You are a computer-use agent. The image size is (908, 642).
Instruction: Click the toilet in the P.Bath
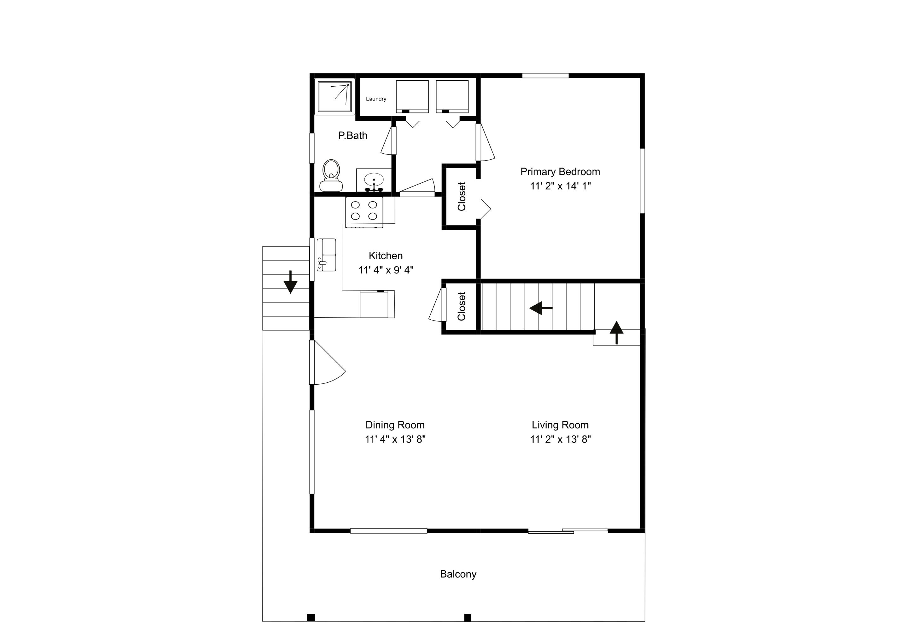[331, 175]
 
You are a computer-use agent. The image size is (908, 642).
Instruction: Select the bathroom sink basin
[374, 180]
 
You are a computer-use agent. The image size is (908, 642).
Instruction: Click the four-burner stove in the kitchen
[364, 212]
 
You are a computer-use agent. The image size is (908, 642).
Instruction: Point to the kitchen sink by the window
[326, 255]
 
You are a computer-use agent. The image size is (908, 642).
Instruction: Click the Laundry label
[376, 99]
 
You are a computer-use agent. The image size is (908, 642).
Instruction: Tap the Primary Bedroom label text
[560, 172]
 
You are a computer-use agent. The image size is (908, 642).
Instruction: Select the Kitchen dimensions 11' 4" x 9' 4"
[386, 270]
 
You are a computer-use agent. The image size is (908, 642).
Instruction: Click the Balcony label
[458, 574]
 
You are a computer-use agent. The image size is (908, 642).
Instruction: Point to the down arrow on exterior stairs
[291, 282]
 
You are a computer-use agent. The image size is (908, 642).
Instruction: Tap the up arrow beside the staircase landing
[616, 332]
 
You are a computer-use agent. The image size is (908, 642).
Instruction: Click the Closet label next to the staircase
[462, 307]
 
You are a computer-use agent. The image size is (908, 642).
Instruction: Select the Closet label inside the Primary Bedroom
[462, 197]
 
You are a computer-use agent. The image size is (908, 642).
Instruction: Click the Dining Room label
[395, 425]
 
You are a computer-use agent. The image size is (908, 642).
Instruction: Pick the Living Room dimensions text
[560, 439]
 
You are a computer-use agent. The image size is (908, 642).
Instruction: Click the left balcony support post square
[311, 617]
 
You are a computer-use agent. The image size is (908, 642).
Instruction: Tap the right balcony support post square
[468, 617]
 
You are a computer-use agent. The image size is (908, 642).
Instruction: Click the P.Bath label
[352, 135]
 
